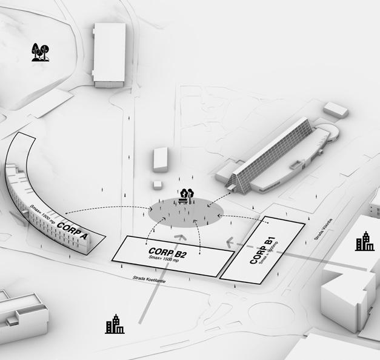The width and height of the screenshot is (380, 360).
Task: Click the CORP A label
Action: click(x=72, y=232)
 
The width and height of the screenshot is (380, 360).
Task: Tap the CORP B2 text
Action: click(x=167, y=252)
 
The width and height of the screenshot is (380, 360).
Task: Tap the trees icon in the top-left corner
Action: click(x=41, y=52)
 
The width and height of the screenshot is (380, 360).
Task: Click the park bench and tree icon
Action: click(x=185, y=195)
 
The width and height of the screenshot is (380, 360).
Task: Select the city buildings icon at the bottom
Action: click(x=114, y=325)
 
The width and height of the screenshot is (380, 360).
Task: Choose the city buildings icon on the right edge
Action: click(x=365, y=241)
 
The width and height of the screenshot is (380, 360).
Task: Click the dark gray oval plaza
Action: click(x=184, y=213)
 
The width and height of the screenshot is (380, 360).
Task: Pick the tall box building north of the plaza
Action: click(x=161, y=159)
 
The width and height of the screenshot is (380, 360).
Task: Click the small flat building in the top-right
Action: click(x=335, y=110)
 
